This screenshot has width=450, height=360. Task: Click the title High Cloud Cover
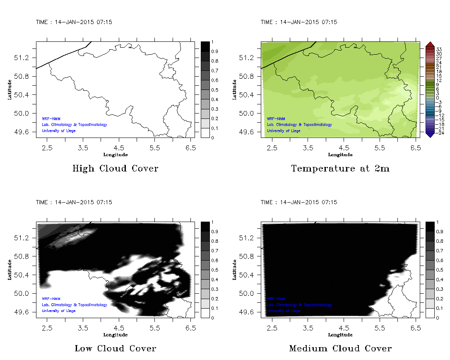point(115,169)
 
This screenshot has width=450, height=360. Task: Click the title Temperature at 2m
point(340,169)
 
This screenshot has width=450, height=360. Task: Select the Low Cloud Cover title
point(115,348)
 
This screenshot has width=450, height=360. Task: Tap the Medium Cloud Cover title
point(340,348)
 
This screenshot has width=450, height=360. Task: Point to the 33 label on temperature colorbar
point(439,49)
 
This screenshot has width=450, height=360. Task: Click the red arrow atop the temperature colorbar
point(430,44)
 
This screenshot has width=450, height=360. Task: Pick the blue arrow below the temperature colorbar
point(430,135)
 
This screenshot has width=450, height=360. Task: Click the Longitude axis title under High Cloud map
point(115,155)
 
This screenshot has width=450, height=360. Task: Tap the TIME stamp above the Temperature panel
point(299,22)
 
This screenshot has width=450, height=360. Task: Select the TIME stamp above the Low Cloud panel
point(74,202)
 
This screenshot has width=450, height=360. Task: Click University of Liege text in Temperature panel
point(284,131)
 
